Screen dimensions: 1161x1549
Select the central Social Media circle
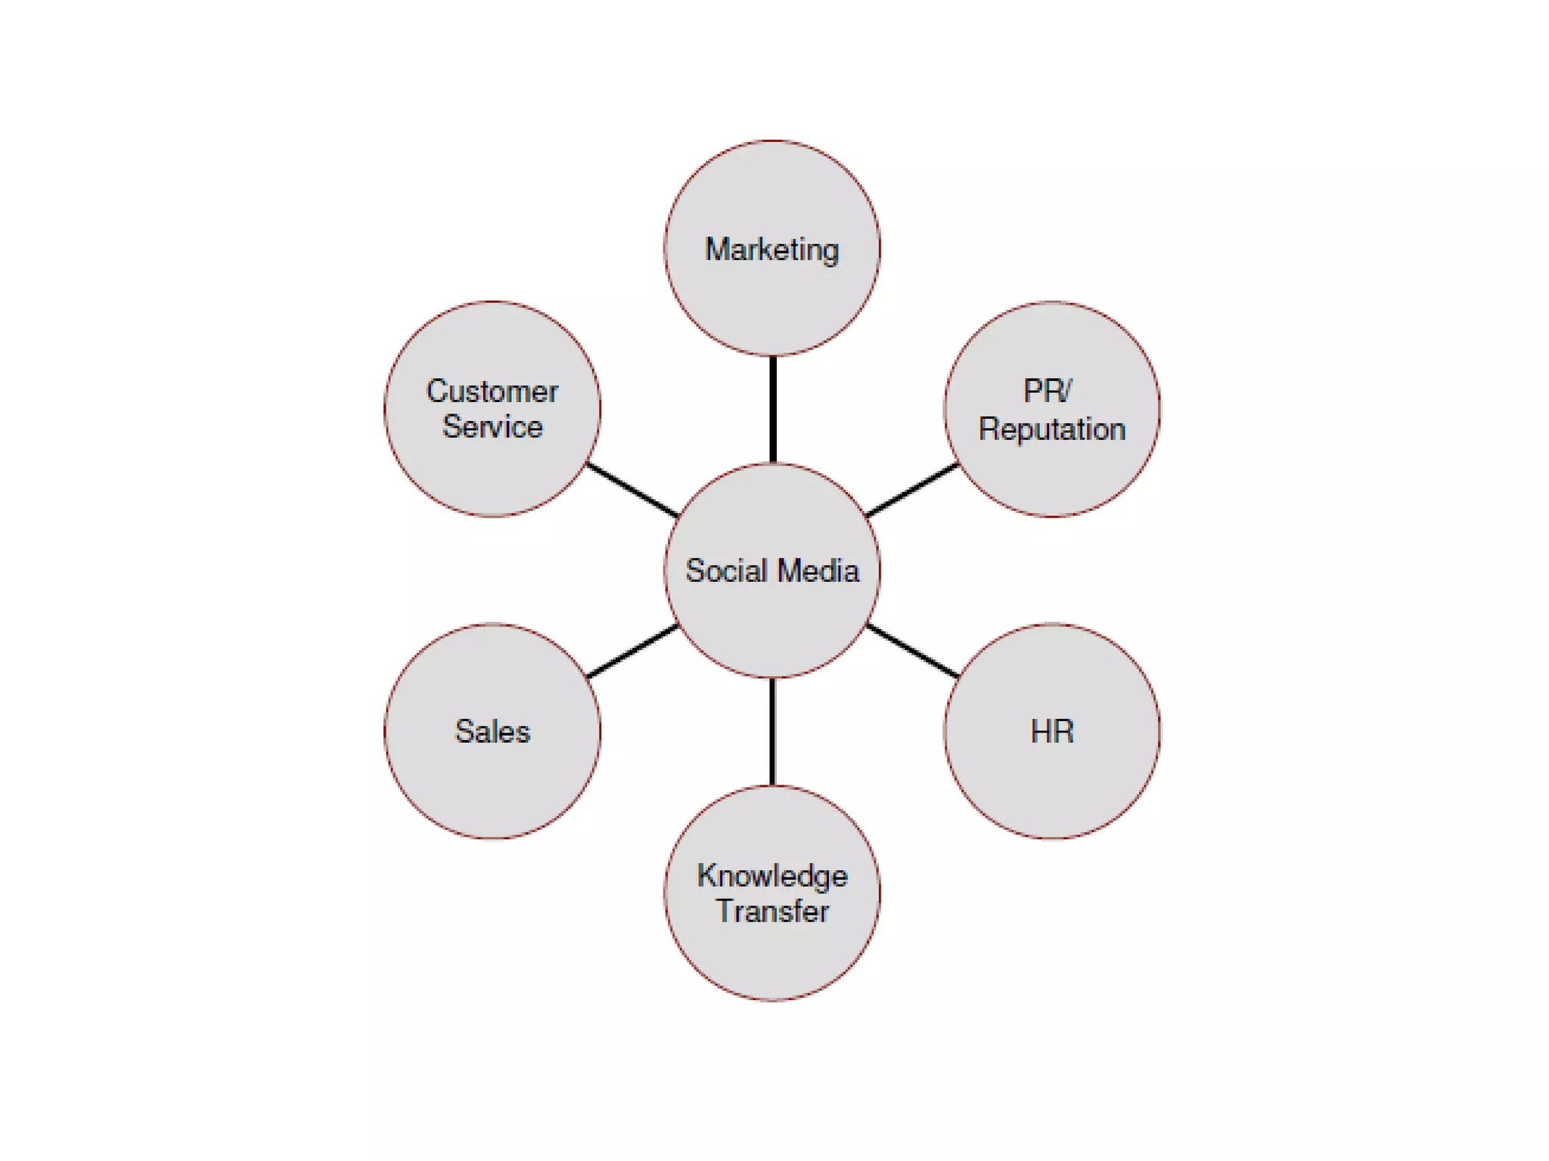pyautogui.click(x=771, y=620)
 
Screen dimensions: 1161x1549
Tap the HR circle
pyautogui.click(x=1052, y=779)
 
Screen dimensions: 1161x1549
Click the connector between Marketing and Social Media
pyautogui.click(x=772, y=409)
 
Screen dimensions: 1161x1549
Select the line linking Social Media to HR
pyautogui.click(x=912, y=651)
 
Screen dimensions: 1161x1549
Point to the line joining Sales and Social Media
pyautogui.click(x=632, y=651)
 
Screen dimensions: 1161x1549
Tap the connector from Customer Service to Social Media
pyautogui.click(x=632, y=491)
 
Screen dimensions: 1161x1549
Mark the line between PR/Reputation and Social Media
pyautogui.click(x=912, y=491)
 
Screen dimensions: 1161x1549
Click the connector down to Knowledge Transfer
pyautogui.click(x=772, y=732)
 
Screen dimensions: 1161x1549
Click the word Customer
pyautogui.click(x=492, y=392)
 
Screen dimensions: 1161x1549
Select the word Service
pyautogui.click(x=492, y=427)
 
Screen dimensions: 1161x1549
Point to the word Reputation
pyautogui.click(x=1052, y=429)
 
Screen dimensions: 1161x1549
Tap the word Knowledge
pyautogui.click(x=772, y=876)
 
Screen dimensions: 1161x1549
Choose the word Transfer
pyautogui.click(x=772, y=912)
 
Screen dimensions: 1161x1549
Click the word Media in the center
pyautogui.click(x=818, y=571)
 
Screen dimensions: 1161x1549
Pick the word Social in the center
pyautogui.click(x=726, y=571)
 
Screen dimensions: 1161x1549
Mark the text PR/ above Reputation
pyautogui.click(x=1048, y=392)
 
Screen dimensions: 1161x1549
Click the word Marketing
pyautogui.click(x=772, y=250)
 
